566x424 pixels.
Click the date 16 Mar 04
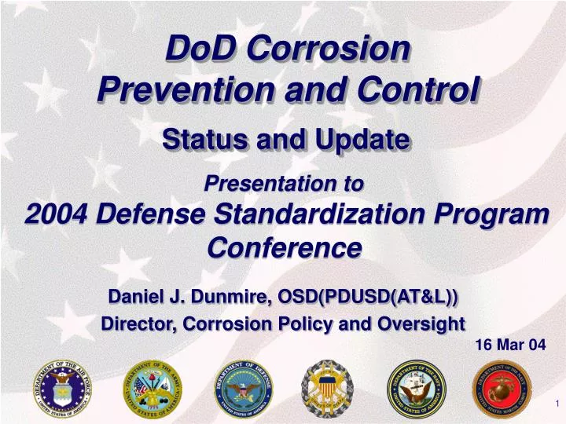tap(510, 344)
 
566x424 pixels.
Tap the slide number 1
tap(556, 404)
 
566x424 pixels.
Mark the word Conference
tap(284, 247)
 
